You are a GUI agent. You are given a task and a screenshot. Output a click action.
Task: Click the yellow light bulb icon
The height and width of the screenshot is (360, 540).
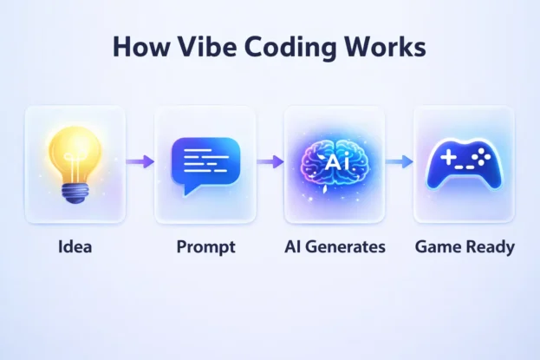coord(75,160)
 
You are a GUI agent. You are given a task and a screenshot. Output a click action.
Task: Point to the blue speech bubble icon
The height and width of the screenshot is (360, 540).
coord(205,162)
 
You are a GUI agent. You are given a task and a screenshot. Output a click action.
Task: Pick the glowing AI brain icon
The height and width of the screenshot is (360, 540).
coord(335,162)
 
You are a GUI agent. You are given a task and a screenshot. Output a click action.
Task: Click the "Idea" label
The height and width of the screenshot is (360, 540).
coord(75,247)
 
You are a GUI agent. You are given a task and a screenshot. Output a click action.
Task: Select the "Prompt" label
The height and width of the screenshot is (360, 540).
coord(205,247)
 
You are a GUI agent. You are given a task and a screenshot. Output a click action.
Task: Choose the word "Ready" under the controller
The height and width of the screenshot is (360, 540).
coord(490,247)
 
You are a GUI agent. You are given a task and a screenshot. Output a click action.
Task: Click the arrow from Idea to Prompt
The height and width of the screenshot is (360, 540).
coord(140,161)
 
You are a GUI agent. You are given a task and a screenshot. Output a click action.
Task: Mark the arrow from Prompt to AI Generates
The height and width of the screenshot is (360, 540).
coord(270,161)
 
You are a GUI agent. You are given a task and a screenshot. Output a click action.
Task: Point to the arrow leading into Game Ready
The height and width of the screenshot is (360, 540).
coord(399,161)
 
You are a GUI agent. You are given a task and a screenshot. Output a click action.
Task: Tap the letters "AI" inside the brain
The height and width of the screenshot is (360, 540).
coord(335,161)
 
